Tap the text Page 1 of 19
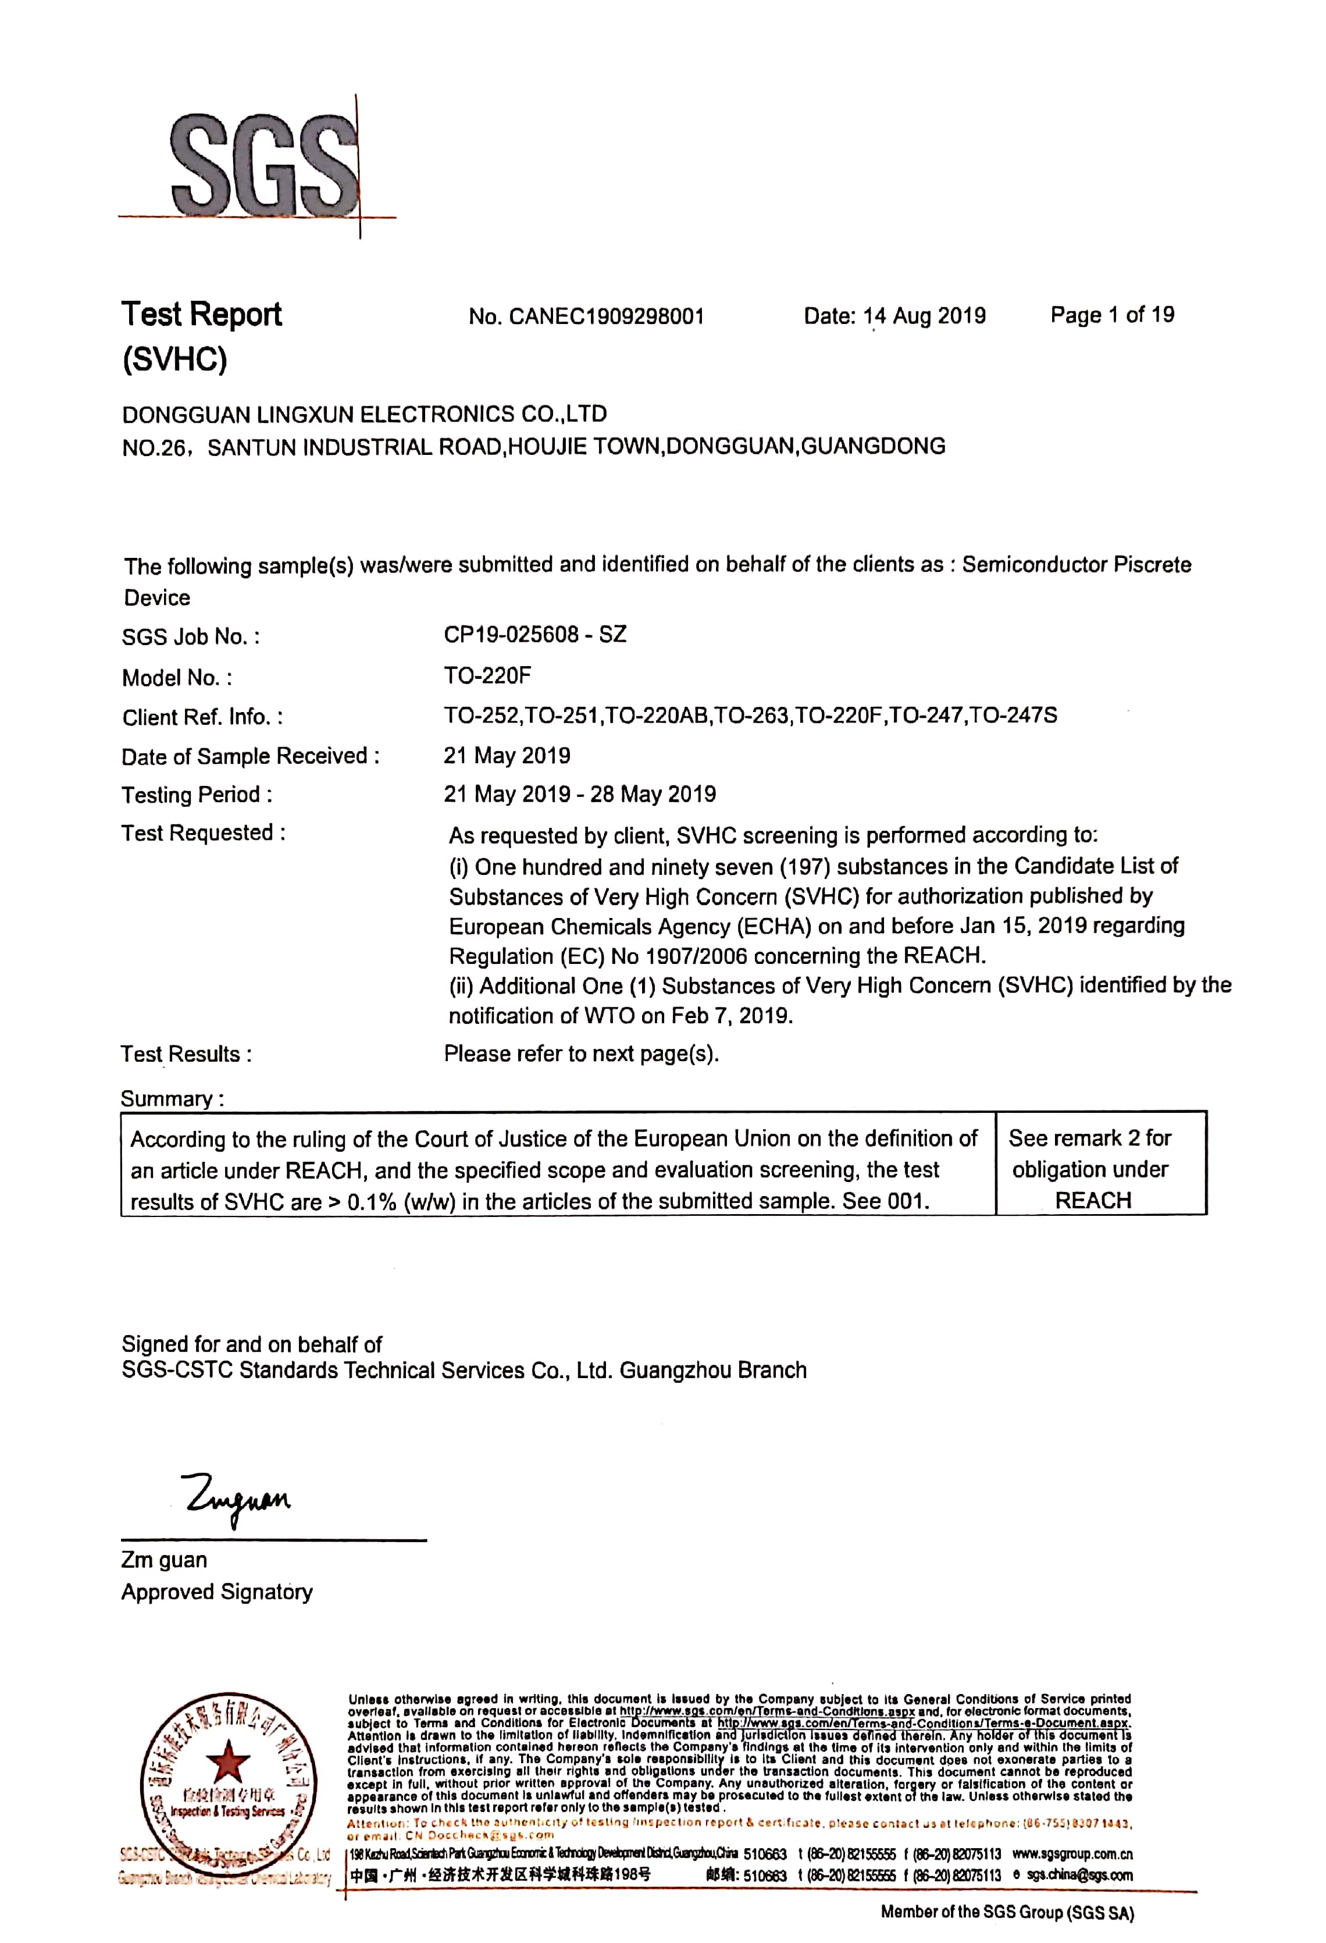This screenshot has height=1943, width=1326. pos(1112,315)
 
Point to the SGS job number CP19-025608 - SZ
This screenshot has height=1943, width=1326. pos(534,635)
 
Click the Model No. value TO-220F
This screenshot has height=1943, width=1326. pos(487,675)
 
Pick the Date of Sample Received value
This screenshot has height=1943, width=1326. pos(507,756)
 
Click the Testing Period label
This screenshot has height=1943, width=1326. pos(197,795)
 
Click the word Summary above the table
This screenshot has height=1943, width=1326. pos(172,1098)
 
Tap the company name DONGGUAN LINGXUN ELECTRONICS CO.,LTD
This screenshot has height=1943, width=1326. pos(365,415)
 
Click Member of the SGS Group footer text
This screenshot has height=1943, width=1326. pos(1007,1912)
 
